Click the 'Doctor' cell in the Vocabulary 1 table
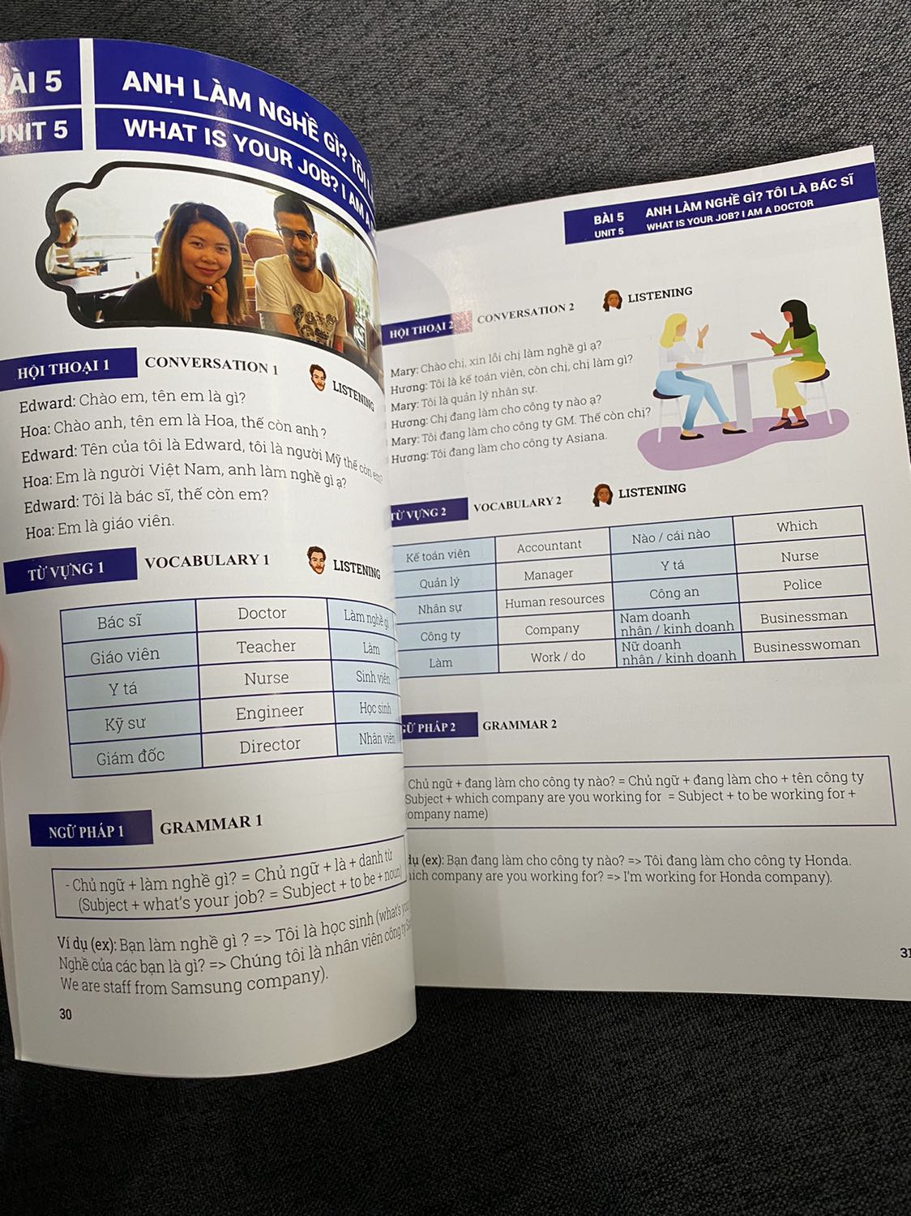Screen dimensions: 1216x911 pos(261,614)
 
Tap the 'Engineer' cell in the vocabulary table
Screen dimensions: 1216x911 pos(269,712)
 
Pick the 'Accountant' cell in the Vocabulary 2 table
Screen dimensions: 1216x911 pos(549,546)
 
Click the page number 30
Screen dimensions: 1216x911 pos(66,1014)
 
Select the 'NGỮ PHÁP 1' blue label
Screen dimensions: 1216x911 pos(86,831)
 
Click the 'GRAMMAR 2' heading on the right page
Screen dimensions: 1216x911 pos(519,725)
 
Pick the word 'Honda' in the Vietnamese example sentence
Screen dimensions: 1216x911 pos(825,860)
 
